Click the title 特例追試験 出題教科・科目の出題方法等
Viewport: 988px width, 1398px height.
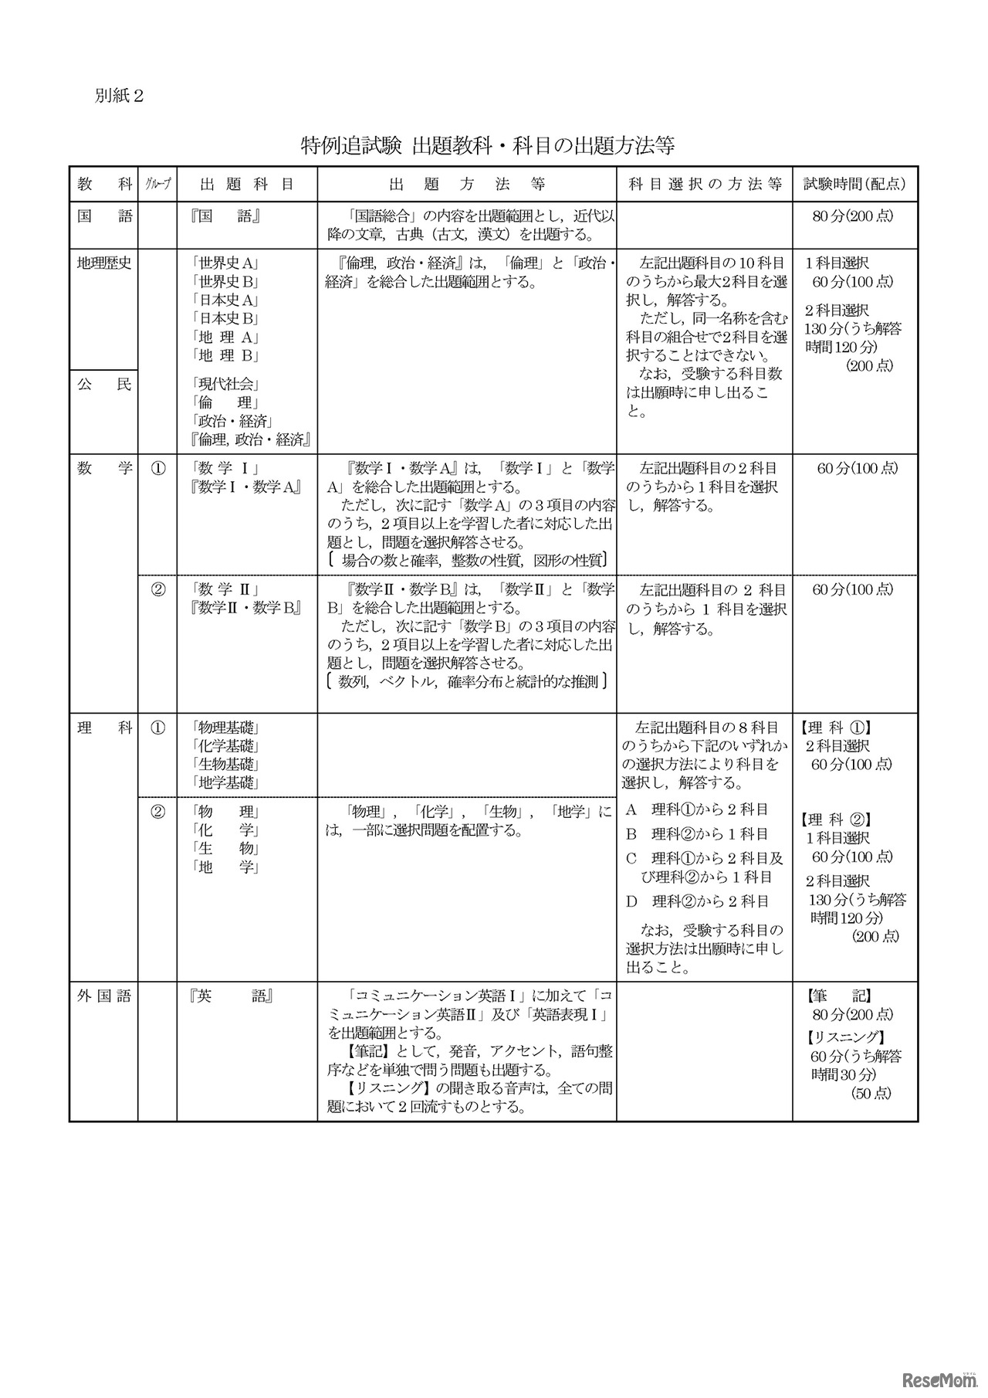[489, 146]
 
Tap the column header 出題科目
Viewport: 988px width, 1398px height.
[247, 185]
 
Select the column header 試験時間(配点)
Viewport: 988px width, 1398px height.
[854, 185]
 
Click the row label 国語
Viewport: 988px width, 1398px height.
[104, 216]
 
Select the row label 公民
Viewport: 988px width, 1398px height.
[104, 384]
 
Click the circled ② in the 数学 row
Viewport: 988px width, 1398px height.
[157, 589]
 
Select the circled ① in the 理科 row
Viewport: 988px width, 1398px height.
[157, 728]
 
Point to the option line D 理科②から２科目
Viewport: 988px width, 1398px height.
[699, 901]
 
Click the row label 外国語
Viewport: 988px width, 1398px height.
[104, 996]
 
